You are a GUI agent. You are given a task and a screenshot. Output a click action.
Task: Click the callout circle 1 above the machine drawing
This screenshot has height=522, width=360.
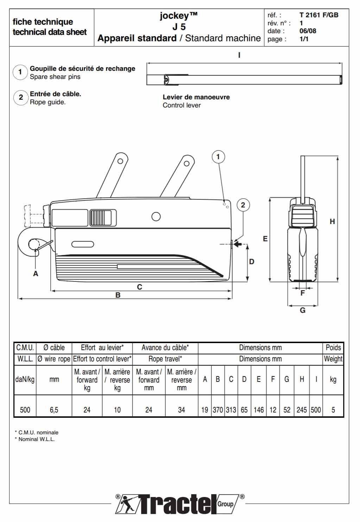pos(218,157)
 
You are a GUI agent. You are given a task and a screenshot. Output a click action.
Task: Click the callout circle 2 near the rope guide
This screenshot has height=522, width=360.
pos(243,205)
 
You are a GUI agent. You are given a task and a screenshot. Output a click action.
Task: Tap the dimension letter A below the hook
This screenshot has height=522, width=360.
pos(36,274)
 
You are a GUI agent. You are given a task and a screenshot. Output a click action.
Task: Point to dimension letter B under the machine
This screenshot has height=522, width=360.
pos(118,295)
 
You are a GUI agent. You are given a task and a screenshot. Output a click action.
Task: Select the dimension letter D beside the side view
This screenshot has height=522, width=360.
pos(252,262)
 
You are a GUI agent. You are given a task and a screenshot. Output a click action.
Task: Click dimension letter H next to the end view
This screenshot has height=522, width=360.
pos(332,222)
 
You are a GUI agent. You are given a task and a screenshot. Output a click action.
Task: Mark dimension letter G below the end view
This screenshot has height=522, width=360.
pos(303,310)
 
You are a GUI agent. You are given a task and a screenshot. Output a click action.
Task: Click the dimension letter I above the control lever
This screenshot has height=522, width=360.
pos(239,55)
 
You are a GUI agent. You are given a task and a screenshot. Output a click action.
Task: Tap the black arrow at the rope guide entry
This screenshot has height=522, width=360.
pos(238,244)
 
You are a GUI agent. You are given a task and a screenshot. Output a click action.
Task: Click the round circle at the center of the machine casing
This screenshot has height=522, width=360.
pos(156,217)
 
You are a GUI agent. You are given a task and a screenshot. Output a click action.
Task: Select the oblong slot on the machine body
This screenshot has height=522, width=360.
pos(83,244)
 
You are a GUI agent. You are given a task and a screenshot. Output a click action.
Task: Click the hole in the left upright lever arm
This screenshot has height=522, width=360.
pos(120,161)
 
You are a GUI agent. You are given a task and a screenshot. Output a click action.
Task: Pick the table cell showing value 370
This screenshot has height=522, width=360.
pos(218,410)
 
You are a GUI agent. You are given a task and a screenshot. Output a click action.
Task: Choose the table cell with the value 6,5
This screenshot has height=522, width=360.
pos(54,410)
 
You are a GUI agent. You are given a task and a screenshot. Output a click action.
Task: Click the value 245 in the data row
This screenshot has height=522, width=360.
pos(302,410)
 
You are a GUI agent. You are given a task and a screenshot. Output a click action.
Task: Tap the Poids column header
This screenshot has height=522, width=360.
pos(333,348)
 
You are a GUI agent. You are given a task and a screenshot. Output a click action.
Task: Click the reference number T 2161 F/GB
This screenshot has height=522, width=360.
pos(319,15)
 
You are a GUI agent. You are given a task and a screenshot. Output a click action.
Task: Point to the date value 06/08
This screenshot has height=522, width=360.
pos(308,31)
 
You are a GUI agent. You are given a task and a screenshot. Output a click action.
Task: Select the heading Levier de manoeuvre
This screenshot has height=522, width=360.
pos(196,97)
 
